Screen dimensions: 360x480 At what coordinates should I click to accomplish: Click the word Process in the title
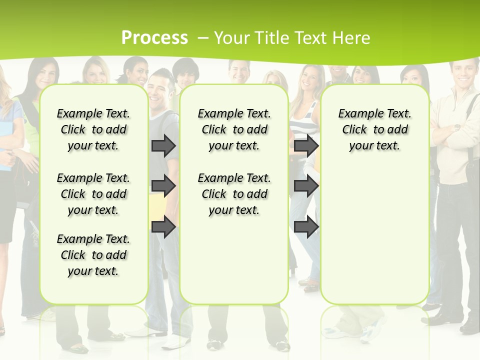154,37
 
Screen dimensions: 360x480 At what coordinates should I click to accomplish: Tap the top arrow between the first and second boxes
163,145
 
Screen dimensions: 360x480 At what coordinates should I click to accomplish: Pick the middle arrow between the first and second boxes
163,186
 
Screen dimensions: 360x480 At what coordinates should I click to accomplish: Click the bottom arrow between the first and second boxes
163,226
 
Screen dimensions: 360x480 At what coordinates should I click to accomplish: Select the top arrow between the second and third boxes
306,145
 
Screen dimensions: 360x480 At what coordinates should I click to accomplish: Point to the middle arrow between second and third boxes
306,186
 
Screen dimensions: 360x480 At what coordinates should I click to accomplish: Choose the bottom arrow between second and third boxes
306,226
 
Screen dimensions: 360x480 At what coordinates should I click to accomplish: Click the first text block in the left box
93,129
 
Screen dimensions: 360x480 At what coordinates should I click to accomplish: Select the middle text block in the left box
93,194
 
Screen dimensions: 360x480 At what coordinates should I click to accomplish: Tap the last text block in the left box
93,255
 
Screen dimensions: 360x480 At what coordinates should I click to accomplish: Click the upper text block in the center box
234,129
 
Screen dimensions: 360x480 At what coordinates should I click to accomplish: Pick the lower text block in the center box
234,194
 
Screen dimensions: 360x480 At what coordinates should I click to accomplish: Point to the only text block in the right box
374,129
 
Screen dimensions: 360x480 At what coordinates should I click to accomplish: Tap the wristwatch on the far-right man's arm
457,128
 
